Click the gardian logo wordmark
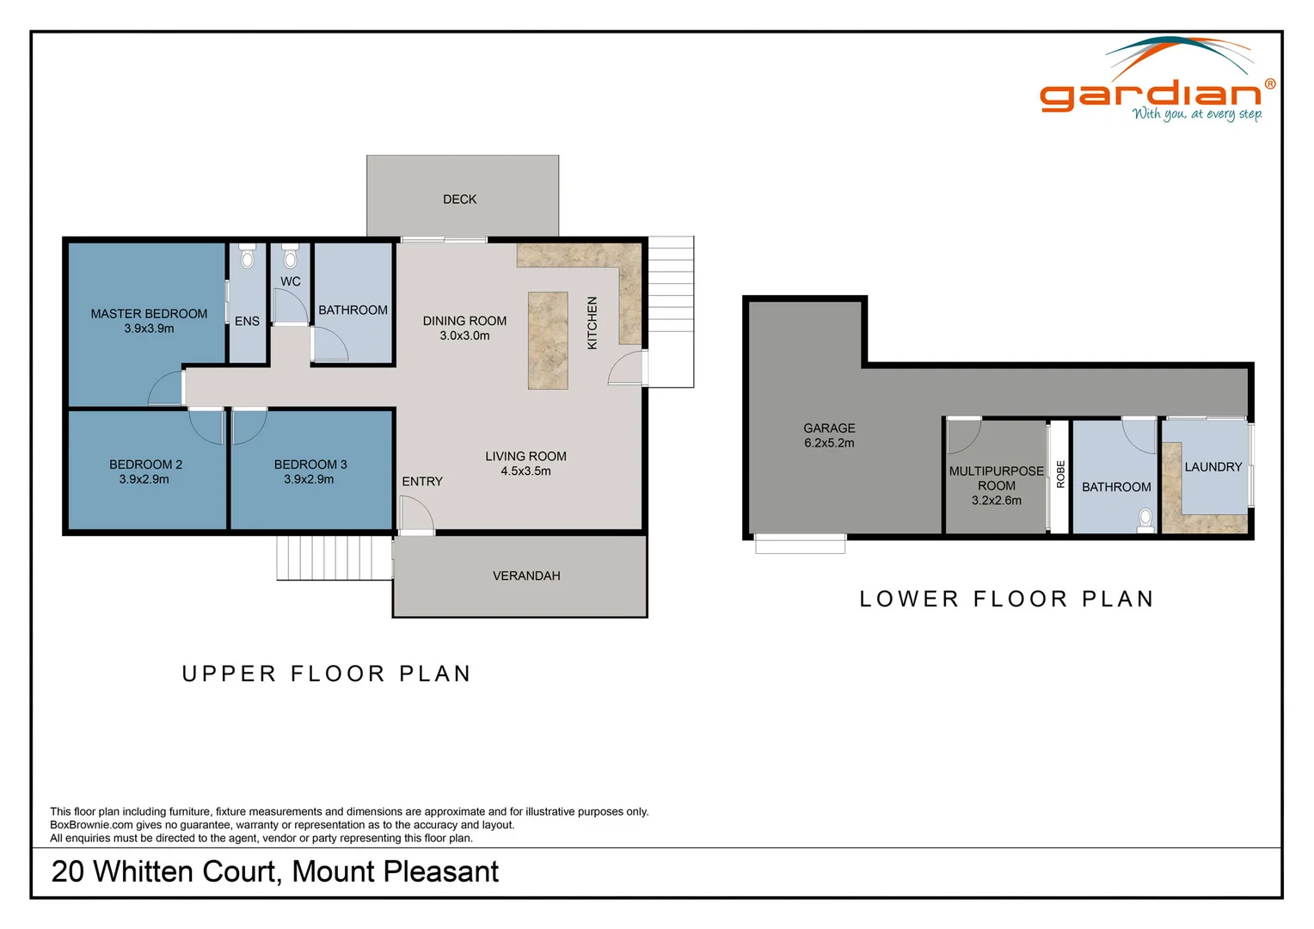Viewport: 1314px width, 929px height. [x=1150, y=94]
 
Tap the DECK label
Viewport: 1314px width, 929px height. [x=459, y=200]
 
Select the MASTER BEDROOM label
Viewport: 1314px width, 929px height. [x=149, y=314]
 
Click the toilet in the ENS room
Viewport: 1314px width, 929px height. [x=248, y=257]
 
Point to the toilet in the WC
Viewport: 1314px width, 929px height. [x=291, y=257]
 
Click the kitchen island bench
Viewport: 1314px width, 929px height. [x=548, y=341]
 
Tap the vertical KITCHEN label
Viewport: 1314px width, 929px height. [x=592, y=323]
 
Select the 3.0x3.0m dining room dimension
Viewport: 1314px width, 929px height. [x=464, y=336]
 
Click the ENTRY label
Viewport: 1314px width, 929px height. [x=422, y=482]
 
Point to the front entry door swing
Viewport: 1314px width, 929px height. [x=416, y=514]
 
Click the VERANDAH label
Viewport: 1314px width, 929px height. [x=526, y=576]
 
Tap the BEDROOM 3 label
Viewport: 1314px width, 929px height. [x=310, y=464]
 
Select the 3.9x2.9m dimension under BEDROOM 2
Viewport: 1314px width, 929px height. [x=144, y=480]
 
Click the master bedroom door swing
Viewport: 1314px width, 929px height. [x=167, y=389]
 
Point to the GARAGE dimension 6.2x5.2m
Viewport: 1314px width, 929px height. [x=829, y=443]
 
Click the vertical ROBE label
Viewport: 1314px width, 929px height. [x=1060, y=475]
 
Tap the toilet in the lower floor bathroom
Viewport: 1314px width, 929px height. [x=1145, y=518]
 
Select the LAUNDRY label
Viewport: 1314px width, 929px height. [x=1213, y=467]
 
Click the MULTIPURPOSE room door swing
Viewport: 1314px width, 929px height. [x=962, y=436]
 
